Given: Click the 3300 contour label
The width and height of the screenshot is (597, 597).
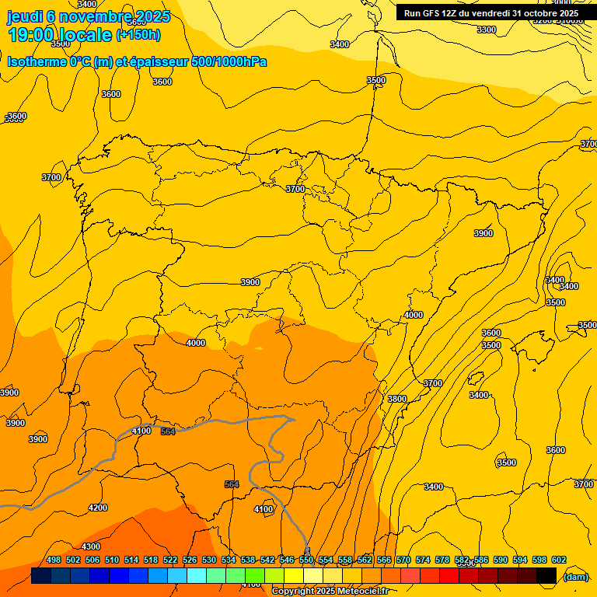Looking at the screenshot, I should click(x=486, y=30).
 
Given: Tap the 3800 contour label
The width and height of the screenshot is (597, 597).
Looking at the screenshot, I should click(x=396, y=399).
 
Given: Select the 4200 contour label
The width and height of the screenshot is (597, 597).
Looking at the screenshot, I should click(x=98, y=508).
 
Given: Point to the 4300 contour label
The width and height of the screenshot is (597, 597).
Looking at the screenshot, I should click(x=91, y=546).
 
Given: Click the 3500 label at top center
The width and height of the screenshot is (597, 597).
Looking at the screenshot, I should click(x=375, y=80).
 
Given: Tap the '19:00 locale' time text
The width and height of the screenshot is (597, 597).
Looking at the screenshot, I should click(x=59, y=35).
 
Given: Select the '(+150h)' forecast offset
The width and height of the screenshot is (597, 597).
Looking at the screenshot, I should click(x=138, y=35).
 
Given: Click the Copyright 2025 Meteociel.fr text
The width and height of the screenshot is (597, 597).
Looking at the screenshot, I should click(x=330, y=592).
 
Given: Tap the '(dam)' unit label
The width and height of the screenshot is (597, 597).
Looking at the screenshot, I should click(x=575, y=576).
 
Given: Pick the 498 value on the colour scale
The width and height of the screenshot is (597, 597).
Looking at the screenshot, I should click(x=54, y=560).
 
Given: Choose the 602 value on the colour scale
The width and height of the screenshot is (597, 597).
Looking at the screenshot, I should click(x=559, y=560).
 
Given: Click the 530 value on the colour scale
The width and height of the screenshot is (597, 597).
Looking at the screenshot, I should click(x=209, y=560).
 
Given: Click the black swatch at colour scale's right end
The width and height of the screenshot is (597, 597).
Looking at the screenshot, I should click(x=546, y=576).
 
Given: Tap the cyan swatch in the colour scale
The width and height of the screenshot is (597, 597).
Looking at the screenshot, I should click(x=197, y=576).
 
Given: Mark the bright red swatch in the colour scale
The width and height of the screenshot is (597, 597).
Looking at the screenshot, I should click(x=449, y=576).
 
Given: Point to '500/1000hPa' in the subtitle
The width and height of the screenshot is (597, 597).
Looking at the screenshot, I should click(x=227, y=61).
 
